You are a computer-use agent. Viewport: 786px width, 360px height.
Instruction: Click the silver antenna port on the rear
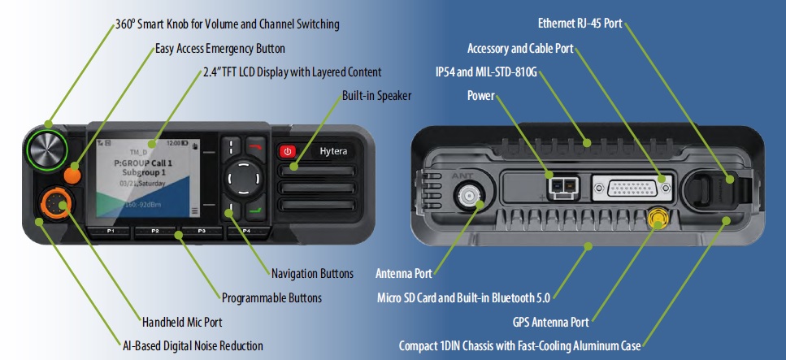pyautogui.click(x=470, y=195)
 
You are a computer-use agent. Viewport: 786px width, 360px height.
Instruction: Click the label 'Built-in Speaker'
pyautogui.click(x=376, y=96)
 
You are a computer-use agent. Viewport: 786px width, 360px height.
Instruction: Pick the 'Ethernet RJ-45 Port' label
pyautogui.click(x=580, y=23)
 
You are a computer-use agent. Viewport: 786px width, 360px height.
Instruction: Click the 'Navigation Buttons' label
pyautogui.click(x=312, y=272)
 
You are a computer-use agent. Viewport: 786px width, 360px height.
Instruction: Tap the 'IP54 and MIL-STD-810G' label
pyautogui.click(x=487, y=72)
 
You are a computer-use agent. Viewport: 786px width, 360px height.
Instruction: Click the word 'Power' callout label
pyautogui.click(x=480, y=96)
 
